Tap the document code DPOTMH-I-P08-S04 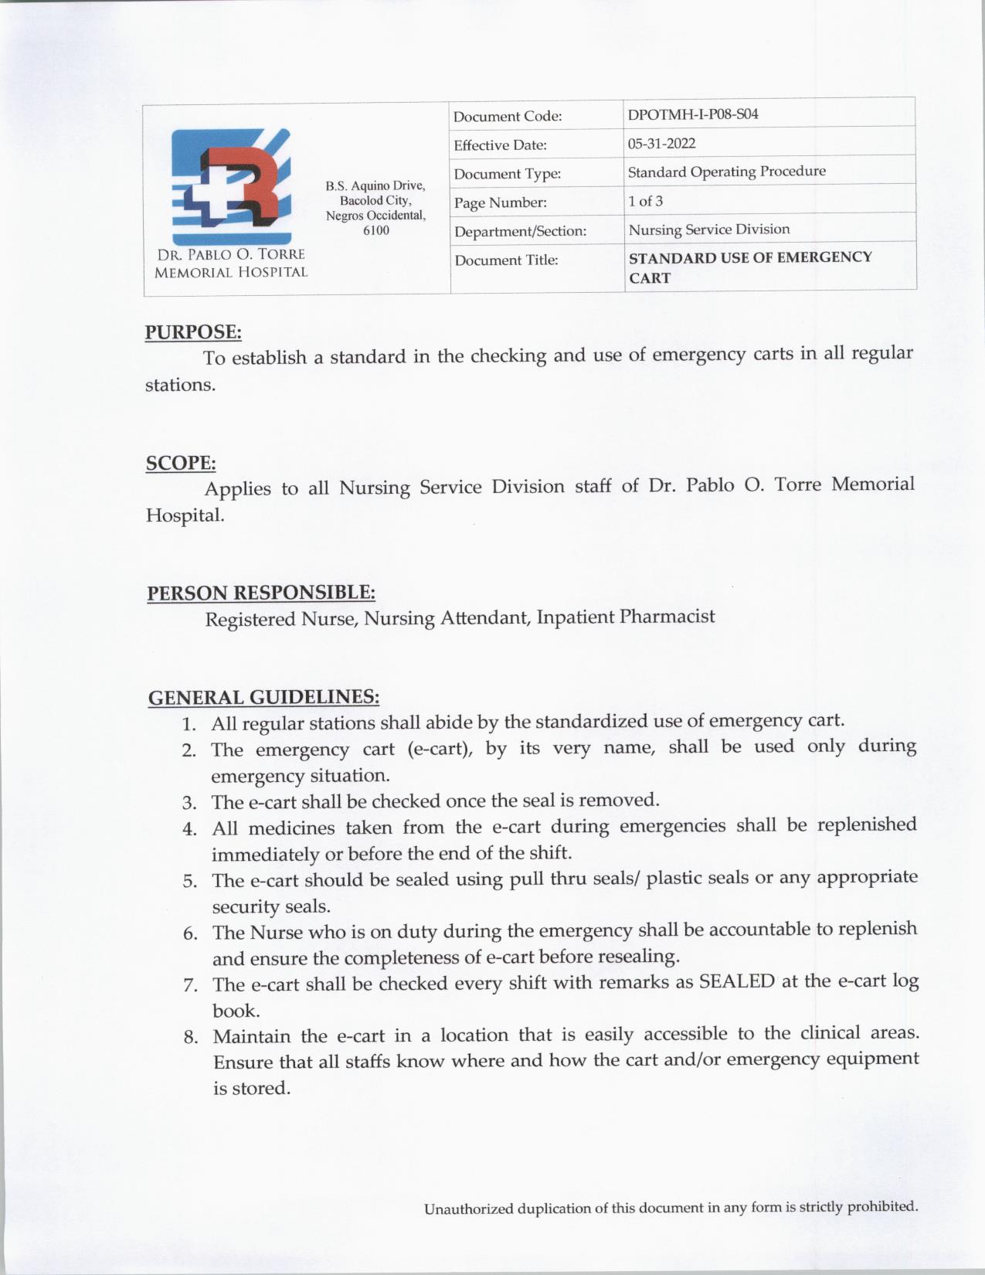tap(692, 114)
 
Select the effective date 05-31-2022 tap(661, 144)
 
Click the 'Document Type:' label tap(507, 174)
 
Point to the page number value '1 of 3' tap(645, 201)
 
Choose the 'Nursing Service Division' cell tap(708, 229)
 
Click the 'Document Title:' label tap(506, 260)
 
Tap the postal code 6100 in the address tap(375, 230)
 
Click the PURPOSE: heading tap(193, 332)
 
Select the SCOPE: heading tap(181, 463)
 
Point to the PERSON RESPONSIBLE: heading tap(261, 593)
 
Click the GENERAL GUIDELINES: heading tap(263, 697)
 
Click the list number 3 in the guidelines tap(190, 803)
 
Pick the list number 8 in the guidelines tap(191, 1037)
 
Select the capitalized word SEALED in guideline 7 tap(736, 981)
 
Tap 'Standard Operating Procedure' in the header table tap(726, 172)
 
